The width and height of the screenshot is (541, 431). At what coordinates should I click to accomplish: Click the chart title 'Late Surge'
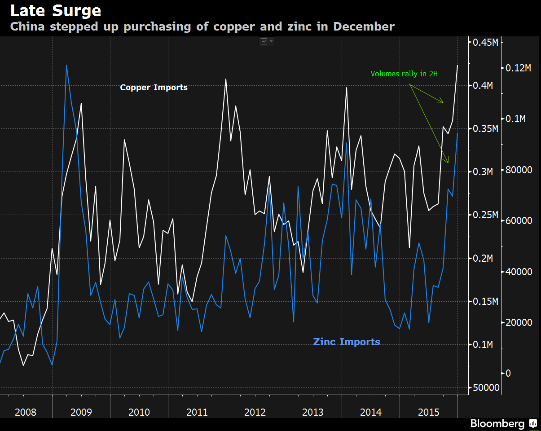click(x=56, y=11)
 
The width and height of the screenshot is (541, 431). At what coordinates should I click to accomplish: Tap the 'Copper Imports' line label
click(x=154, y=88)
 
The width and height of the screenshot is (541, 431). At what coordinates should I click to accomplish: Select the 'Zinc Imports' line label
click(x=347, y=342)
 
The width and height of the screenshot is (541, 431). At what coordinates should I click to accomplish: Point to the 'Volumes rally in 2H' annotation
click(x=404, y=74)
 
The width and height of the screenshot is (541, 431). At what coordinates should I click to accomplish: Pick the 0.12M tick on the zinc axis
click(x=519, y=68)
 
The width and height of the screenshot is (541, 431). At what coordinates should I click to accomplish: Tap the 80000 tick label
click(x=519, y=170)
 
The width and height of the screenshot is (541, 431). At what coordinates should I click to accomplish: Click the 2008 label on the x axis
click(x=26, y=412)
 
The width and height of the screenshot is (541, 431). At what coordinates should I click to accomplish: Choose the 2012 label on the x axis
click(x=255, y=412)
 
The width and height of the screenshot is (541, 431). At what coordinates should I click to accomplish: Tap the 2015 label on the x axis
click(x=428, y=412)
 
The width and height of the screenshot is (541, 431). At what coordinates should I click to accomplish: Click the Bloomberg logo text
click(x=497, y=423)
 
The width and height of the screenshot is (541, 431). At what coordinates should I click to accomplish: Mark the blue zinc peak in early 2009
click(x=66, y=65)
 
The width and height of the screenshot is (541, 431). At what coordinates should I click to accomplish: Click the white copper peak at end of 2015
click(x=457, y=66)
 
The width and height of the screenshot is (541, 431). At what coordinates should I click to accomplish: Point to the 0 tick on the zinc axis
click(x=508, y=374)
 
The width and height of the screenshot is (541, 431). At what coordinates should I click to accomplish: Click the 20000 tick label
click(x=519, y=323)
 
